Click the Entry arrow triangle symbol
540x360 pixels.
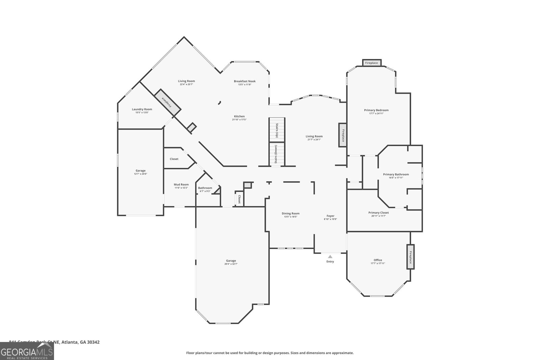(x=330, y=257)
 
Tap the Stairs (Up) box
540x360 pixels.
(x=277, y=130)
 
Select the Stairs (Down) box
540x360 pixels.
(x=277, y=155)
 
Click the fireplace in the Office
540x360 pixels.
(x=410, y=256)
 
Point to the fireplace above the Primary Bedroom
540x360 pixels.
(x=372, y=63)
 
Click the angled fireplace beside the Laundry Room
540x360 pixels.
(x=168, y=103)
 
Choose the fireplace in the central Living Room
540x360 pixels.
(x=343, y=135)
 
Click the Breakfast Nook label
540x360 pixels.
(x=245, y=81)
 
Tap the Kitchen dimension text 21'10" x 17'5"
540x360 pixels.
(x=239, y=120)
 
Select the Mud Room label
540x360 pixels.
(x=181, y=185)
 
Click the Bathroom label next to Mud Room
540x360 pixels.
(x=205, y=188)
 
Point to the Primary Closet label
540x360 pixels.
(x=378, y=213)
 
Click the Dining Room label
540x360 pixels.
(x=291, y=213)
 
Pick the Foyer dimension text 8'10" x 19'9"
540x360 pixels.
(x=330, y=219)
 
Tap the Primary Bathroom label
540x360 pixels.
(x=396, y=174)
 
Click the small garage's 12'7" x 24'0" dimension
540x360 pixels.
(x=140, y=174)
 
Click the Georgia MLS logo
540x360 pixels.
(x=27, y=351)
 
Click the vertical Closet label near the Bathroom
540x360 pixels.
(x=239, y=199)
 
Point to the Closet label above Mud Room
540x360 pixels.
(x=174, y=159)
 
